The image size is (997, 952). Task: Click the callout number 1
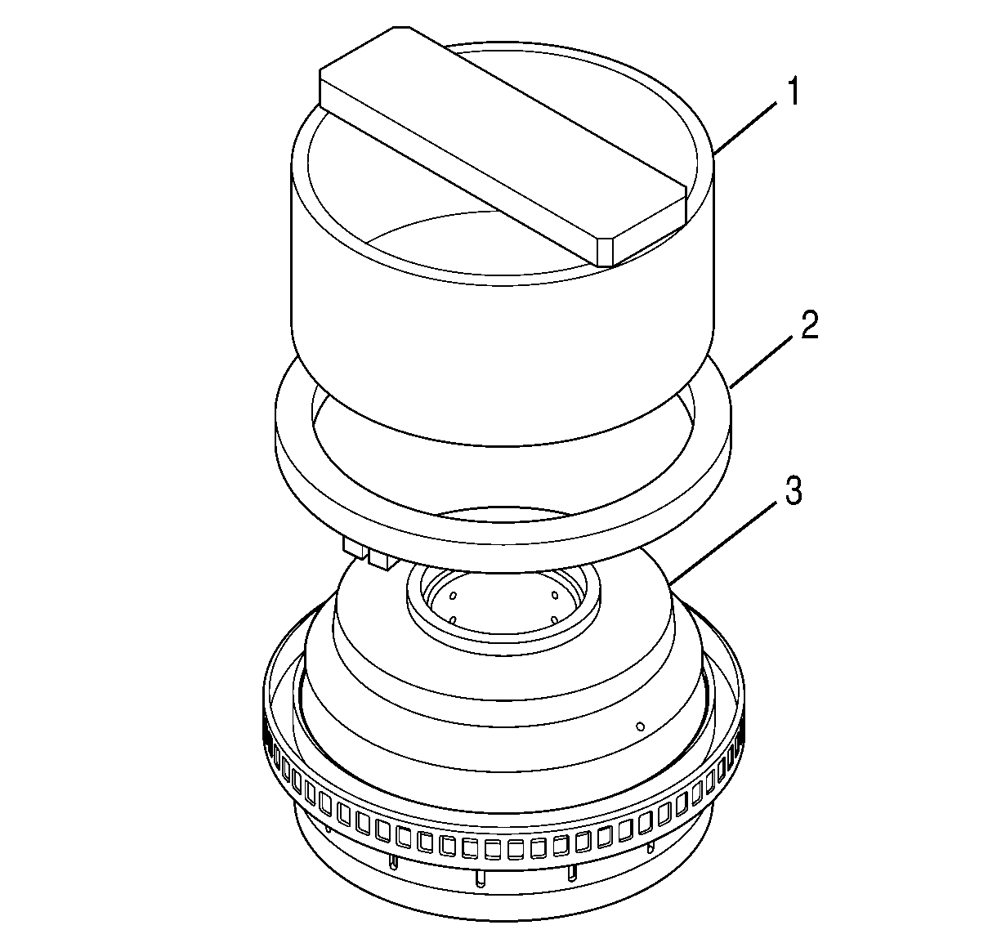(x=793, y=92)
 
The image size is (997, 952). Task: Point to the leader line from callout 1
(x=746, y=127)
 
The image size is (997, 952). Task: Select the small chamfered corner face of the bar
(x=606, y=253)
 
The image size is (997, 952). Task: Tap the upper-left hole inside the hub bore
(x=453, y=596)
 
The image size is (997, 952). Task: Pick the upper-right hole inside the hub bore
(x=554, y=595)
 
